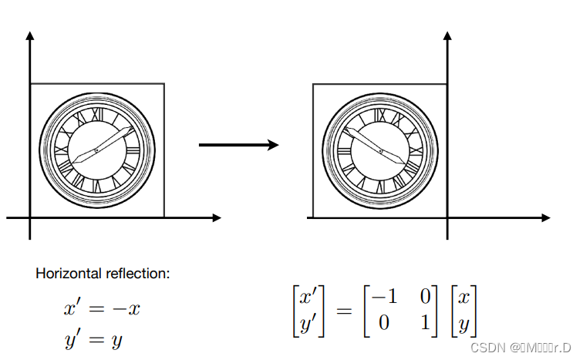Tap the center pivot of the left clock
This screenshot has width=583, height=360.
(x=96, y=149)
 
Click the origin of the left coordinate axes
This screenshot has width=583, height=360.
(x=30, y=218)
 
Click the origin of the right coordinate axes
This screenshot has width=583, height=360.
(x=448, y=218)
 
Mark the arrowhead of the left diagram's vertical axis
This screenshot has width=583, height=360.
(x=30, y=35)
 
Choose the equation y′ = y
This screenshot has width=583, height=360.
(x=93, y=340)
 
